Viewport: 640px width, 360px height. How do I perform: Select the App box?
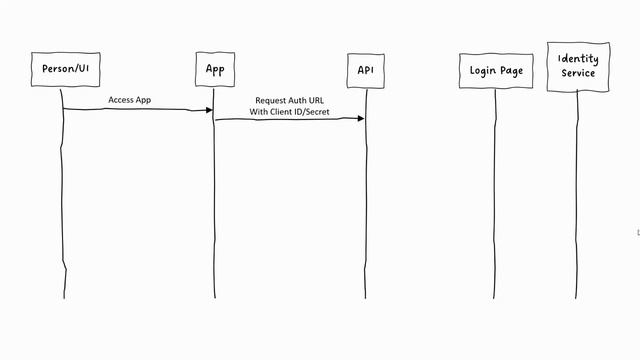coord(215,69)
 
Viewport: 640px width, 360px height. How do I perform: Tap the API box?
coord(366,70)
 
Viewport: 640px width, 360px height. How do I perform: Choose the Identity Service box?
coord(578,66)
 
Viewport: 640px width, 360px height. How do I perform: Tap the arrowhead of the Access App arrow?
coord(209,109)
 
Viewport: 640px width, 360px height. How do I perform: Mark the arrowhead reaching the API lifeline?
coord(360,119)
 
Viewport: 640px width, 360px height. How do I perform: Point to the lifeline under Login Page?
coord(495,200)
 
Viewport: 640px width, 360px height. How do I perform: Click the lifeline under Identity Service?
coord(577,200)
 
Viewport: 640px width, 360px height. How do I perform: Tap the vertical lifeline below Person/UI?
coord(63,200)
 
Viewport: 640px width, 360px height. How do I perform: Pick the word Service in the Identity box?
coord(578,73)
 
